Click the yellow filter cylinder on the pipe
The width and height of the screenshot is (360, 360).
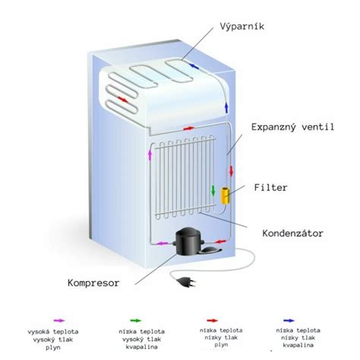(225, 197)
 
